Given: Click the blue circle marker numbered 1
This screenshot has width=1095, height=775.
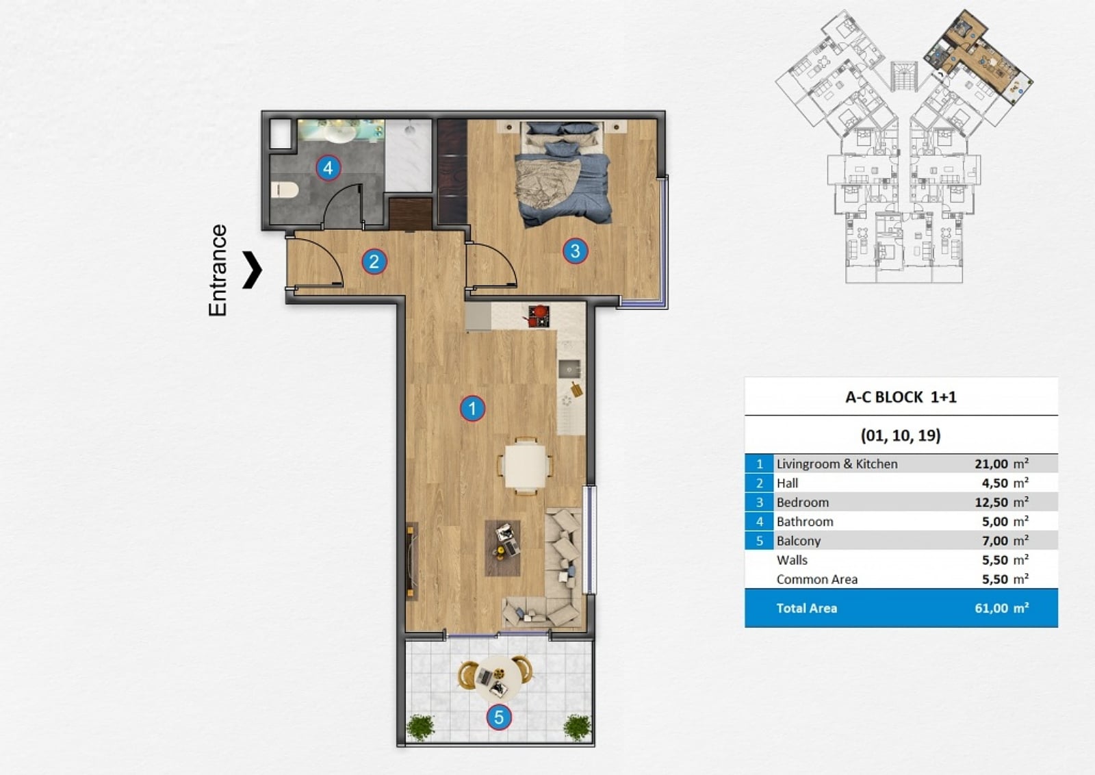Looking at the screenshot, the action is click(472, 408).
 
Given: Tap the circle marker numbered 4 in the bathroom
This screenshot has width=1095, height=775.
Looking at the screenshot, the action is click(328, 168).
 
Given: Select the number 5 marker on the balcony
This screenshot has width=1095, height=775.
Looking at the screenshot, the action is click(499, 717).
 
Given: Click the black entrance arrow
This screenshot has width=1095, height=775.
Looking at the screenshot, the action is click(253, 270).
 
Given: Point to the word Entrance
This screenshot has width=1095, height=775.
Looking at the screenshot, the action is click(218, 270).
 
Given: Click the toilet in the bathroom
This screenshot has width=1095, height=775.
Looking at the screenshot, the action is click(285, 190).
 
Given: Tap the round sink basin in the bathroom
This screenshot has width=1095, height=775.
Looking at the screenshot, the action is click(341, 132).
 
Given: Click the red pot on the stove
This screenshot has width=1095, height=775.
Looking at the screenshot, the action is click(540, 312).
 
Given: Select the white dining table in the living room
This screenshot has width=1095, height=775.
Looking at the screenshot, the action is click(526, 466).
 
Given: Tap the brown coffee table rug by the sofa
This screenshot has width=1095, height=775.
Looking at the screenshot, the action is click(502, 548).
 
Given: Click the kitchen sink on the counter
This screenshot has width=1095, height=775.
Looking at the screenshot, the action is click(569, 369).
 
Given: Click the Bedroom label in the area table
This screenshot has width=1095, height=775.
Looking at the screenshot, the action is click(803, 502).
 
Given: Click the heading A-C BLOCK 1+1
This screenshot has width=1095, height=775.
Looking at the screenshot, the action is click(901, 396).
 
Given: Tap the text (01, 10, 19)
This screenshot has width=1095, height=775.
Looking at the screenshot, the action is click(901, 435).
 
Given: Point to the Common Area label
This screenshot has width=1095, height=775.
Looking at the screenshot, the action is click(817, 579).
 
